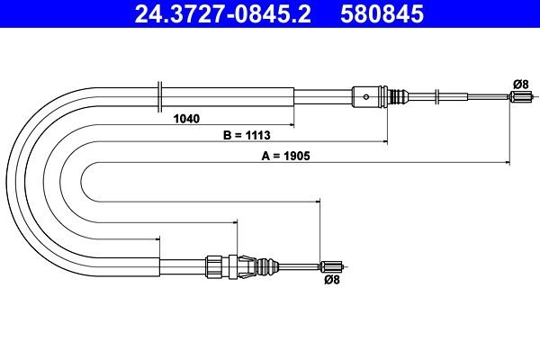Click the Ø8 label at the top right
(519, 84)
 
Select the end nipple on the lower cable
(332, 265)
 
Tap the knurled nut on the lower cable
(214, 265)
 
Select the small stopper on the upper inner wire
(437, 97)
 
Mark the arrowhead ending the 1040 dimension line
(291, 124)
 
